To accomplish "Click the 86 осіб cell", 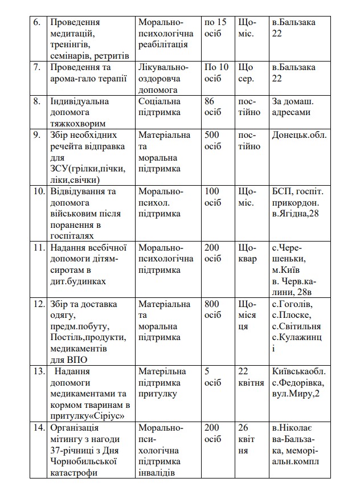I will pyautogui.click(x=213, y=107).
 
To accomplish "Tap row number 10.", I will pyautogui.click(x=39, y=191).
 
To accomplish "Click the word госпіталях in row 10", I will pyautogui.click(x=72, y=235).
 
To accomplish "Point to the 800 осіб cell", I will pyautogui.click(x=213, y=309).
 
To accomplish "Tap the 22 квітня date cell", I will pyautogui.click(x=251, y=377).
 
